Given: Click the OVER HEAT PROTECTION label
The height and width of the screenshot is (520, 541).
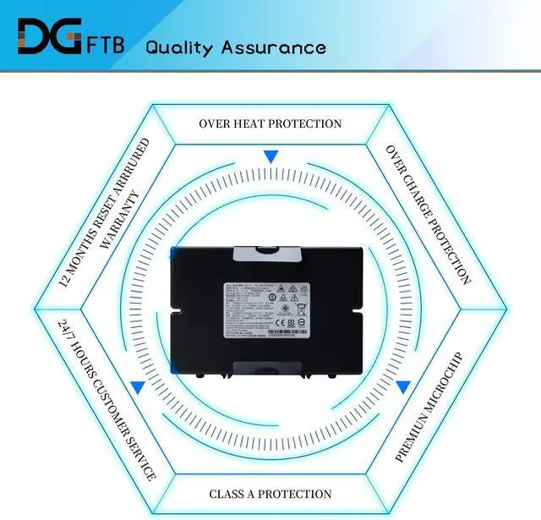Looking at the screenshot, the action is (270, 123).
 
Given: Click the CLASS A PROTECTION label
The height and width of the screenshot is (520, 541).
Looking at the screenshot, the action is (270, 494).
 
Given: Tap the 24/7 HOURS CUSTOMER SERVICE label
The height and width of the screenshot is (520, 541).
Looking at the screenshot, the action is (107, 400).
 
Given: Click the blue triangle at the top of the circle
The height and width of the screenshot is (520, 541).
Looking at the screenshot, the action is (270, 156).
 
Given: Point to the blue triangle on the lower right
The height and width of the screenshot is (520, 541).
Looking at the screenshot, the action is (403, 386).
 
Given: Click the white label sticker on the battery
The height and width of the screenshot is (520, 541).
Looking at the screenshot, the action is (271, 309).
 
